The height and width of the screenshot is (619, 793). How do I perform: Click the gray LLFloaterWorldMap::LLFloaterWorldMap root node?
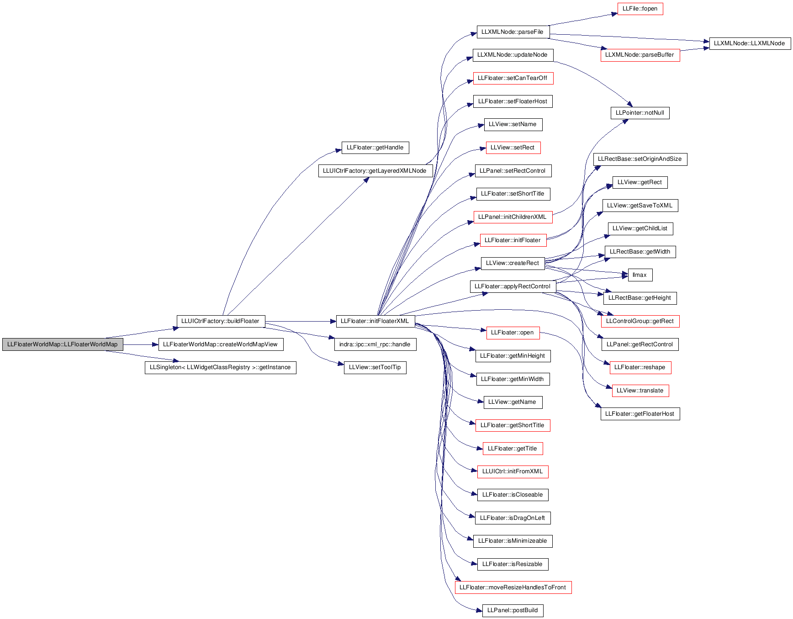63,344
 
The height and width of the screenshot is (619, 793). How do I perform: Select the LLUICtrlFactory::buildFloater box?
221,321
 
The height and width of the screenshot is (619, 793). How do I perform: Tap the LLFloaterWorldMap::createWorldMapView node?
221,344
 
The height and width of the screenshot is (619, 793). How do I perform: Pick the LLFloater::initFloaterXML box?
375,321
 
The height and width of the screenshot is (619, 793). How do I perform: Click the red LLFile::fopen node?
640,9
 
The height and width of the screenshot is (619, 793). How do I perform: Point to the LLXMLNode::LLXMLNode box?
750,43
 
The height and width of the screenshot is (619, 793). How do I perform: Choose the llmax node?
640,275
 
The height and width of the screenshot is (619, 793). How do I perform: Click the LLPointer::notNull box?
640,113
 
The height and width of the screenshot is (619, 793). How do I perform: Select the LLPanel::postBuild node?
513,610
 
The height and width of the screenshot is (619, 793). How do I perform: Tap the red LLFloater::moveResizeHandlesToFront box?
513,587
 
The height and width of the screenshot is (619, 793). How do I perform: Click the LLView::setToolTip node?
375,367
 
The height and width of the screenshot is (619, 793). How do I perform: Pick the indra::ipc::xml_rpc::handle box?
375,344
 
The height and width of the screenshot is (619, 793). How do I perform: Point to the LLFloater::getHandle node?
375,148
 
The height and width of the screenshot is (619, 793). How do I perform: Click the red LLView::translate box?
640,391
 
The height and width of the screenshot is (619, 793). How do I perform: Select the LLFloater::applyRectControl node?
513,286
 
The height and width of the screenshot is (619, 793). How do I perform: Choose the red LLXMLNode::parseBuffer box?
640,55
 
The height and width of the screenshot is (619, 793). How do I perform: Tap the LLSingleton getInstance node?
221,367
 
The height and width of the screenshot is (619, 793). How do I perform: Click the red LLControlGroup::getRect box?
640,321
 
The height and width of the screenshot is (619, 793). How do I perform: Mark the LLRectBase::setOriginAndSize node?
640,159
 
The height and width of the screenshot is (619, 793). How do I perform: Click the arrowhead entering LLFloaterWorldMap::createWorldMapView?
155,344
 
